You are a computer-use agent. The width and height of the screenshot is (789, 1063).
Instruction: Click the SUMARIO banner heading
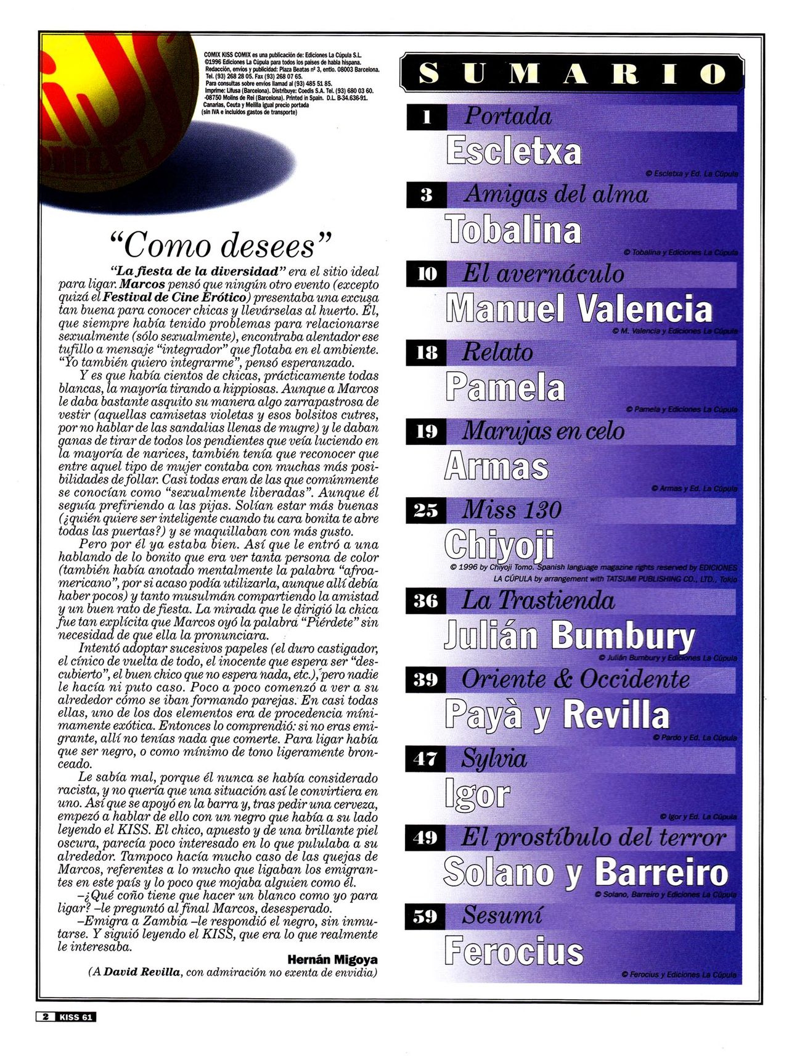pyautogui.click(x=573, y=73)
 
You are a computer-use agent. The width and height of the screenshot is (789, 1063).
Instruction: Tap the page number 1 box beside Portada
pyautogui.click(x=427, y=117)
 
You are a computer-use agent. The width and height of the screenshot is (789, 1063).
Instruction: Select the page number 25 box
pyautogui.click(x=426, y=510)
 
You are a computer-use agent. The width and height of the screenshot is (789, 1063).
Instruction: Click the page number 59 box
pyautogui.click(x=425, y=916)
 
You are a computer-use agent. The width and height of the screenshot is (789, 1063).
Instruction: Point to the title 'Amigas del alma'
pyautogui.click(x=556, y=194)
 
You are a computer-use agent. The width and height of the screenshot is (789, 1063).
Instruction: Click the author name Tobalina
pyautogui.click(x=513, y=230)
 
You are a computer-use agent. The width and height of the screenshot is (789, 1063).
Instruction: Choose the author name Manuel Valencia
pyautogui.click(x=579, y=308)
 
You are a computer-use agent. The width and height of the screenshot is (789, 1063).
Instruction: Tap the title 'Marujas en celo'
pyautogui.click(x=543, y=431)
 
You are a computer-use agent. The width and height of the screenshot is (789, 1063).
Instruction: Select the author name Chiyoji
pyautogui.click(x=499, y=545)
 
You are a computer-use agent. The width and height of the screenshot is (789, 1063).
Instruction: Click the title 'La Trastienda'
pyautogui.click(x=538, y=600)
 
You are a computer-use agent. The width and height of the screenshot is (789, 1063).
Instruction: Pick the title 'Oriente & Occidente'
pyautogui.click(x=576, y=679)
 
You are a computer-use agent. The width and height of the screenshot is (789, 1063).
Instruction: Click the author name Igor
pyautogui.click(x=477, y=794)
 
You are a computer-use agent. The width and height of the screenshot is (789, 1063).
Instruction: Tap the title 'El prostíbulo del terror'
pyautogui.click(x=594, y=837)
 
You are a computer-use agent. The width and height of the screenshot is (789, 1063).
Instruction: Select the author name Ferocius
pyautogui.click(x=513, y=951)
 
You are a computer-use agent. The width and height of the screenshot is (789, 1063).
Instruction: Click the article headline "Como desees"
pyautogui.click(x=220, y=245)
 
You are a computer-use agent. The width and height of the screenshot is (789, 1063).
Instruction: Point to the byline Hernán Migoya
pyautogui.click(x=332, y=959)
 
